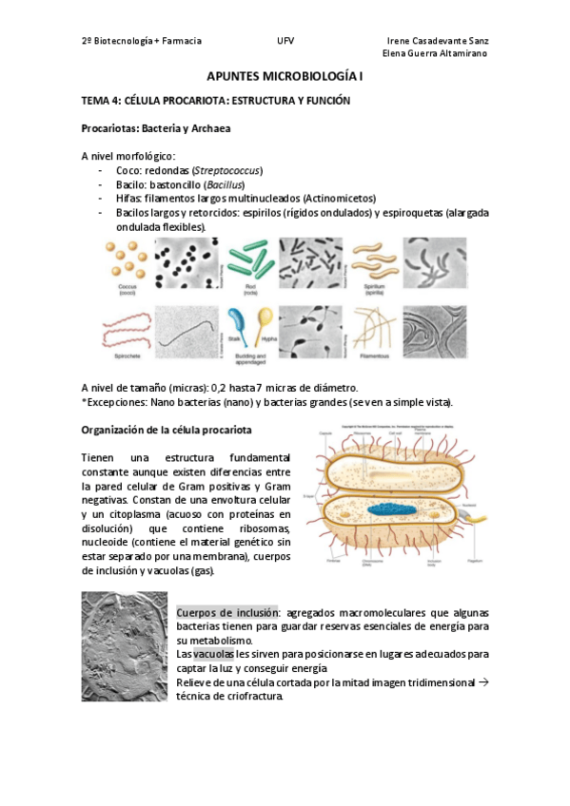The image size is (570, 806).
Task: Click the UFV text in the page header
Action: [285, 41]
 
